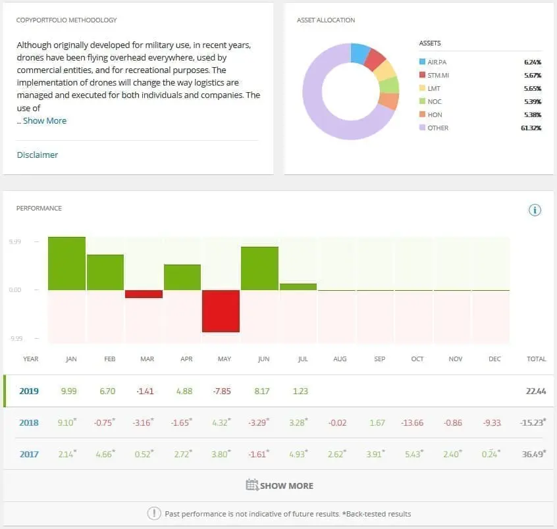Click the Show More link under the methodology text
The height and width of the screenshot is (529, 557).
tap(44, 121)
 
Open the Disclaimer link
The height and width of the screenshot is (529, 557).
tap(38, 155)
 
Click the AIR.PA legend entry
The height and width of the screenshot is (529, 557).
tap(437, 62)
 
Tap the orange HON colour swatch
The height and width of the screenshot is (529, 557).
tap(422, 114)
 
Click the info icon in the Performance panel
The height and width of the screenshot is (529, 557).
tap(535, 210)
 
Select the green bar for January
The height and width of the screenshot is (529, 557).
tap(66, 264)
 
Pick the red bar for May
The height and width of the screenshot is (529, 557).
tap(221, 311)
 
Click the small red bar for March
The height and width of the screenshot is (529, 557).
tap(144, 294)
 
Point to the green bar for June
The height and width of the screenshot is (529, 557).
tap(259, 268)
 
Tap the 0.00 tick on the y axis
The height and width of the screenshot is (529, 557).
tap(16, 290)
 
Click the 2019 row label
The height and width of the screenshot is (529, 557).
tap(29, 391)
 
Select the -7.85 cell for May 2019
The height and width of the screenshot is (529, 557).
tap(224, 391)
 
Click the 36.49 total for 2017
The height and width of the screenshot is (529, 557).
tap(535, 454)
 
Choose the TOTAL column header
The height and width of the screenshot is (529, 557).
tap(537, 359)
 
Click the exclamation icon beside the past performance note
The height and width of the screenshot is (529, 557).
tap(154, 514)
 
